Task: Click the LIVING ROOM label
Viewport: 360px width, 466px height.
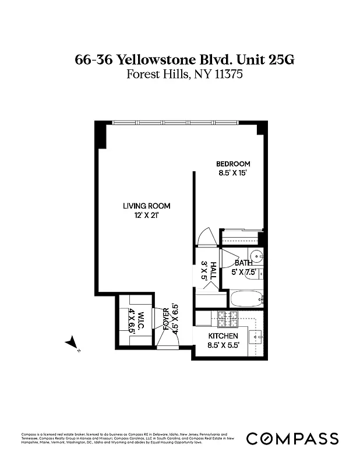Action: pyautogui.click(x=146, y=206)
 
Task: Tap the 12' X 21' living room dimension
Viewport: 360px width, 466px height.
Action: pyautogui.click(x=146, y=215)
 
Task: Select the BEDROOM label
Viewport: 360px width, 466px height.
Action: pyautogui.click(x=233, y=164)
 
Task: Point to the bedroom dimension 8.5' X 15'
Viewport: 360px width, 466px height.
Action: pyautogui.click(x=233, y=173)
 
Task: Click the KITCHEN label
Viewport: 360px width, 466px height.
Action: pyautogui.click(x=223, y=337)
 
